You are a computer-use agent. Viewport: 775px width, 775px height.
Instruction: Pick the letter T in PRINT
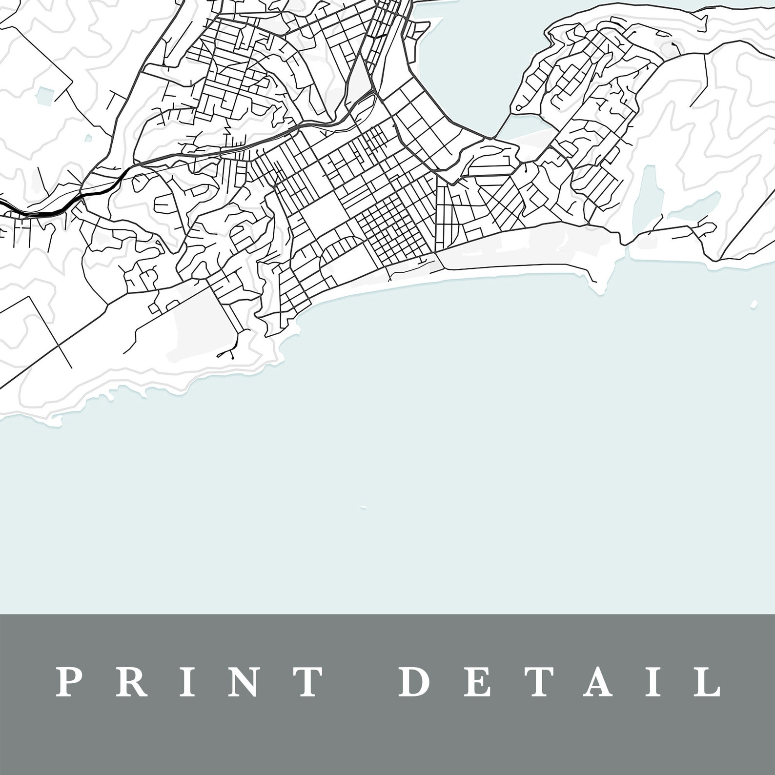coord(307,681)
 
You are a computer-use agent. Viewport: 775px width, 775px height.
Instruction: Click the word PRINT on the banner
coord(188,681)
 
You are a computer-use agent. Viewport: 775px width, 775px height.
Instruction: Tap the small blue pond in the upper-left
coord(47,94)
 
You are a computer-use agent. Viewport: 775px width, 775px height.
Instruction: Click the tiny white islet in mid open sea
coord(363,508)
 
